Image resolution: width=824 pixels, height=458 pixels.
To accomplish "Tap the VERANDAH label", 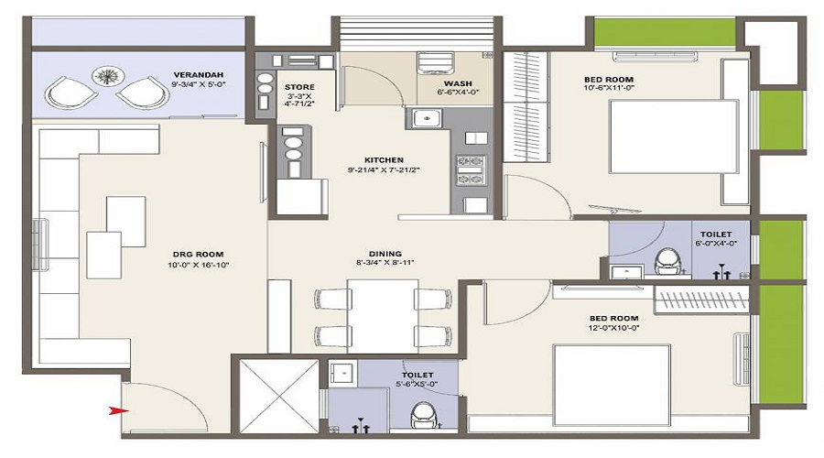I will tap(199, 74).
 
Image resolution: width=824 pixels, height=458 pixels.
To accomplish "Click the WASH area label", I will tap(458, 83).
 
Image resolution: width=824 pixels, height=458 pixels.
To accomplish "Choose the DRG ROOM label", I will tap(197, 254).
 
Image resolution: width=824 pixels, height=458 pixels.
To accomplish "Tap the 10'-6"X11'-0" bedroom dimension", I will tap(609, 90).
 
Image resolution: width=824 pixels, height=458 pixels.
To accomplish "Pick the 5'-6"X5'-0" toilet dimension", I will tap(417, 384).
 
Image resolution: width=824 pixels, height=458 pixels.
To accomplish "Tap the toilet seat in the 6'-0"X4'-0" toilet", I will tap(667, 260).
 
